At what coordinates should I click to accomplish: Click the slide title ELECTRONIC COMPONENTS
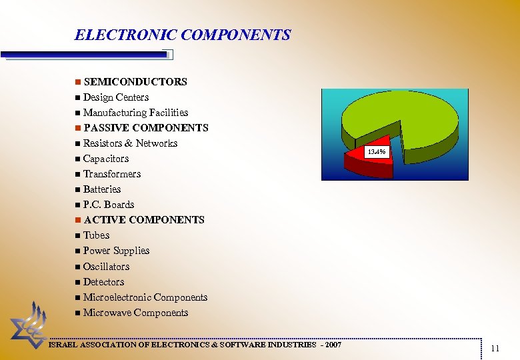(x=183, y=35)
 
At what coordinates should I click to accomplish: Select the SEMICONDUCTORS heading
(x=135, y=82)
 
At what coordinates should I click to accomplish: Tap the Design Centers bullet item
(x=116, y=97)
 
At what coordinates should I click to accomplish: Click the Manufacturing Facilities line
(x=135, y=113)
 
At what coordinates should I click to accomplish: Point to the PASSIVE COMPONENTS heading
(x=146, y=128)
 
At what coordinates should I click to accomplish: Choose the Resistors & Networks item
(x=130, y=143)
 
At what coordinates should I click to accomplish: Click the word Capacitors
(x=106, y=159)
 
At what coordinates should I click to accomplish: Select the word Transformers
(x=112, y=174)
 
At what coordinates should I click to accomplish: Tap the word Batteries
(x=102, y=189)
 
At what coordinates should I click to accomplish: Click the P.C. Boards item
(x=109, y=205)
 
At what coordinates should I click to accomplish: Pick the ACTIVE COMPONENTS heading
(x=144, y=220)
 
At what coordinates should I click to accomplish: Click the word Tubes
(x=97, y=235)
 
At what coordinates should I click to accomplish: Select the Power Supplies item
(x=117, y=251)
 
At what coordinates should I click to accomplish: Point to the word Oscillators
(x=107, y=267)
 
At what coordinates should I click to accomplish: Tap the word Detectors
(x=104, y=282)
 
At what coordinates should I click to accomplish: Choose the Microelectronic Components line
(x=145, y=297)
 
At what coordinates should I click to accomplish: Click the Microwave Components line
(x=136, y=313)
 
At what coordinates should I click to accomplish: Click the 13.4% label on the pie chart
(x=376, y=153)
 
